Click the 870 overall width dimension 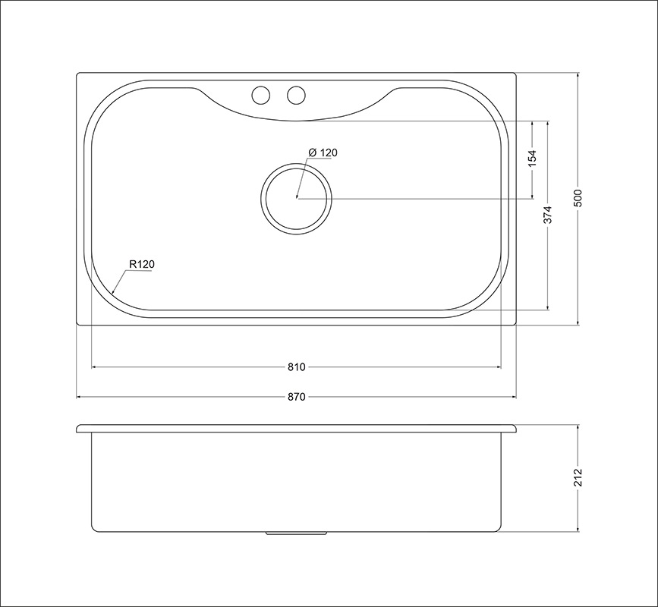click(296, 397)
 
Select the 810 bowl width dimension click(296, 367)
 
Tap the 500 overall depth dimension click(578, 199)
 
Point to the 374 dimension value click(549, 215)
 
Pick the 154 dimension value click(532, 159)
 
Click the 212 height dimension click(578, 477)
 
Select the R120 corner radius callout click(142, 265)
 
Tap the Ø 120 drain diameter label click(323, 153)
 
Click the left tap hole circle click(260, 96)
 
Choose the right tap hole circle click(296, 96)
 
